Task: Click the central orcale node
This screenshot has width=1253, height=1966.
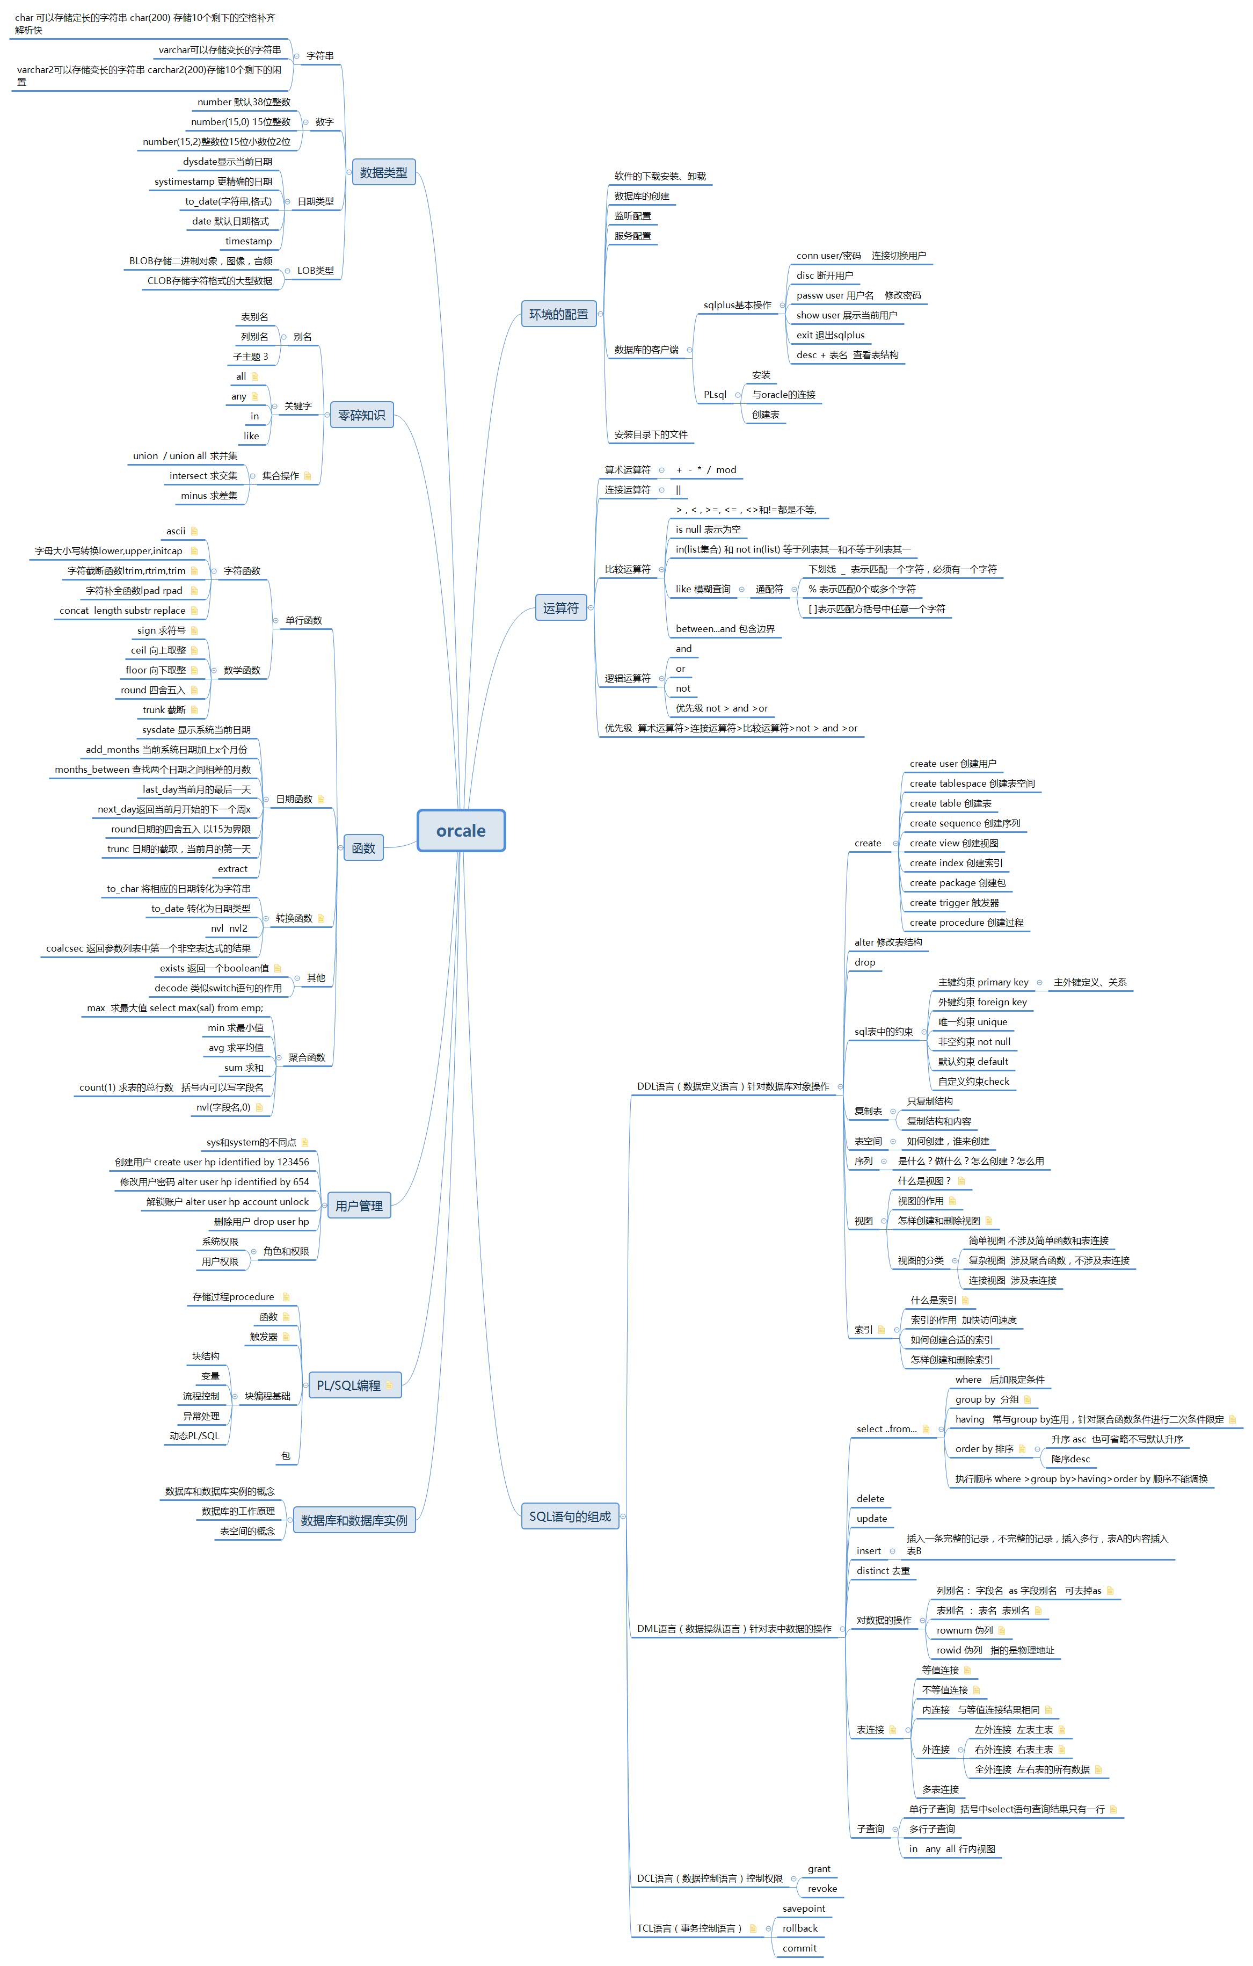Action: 461,830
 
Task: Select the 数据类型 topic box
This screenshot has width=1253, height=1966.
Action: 384,172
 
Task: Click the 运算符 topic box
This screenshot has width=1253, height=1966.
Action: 561,607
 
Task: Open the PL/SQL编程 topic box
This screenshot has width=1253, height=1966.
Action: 355,1385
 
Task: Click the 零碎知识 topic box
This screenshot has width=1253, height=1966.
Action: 362,415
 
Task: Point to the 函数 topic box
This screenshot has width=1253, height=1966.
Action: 363,848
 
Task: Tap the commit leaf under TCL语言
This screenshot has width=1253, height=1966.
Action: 799,1948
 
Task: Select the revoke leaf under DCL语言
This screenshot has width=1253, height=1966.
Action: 822,1889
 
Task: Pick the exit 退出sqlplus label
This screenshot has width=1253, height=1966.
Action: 830,335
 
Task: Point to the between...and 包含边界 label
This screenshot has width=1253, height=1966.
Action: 725,629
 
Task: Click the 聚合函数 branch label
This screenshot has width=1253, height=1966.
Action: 307,1057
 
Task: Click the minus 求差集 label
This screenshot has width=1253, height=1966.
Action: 209,496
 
